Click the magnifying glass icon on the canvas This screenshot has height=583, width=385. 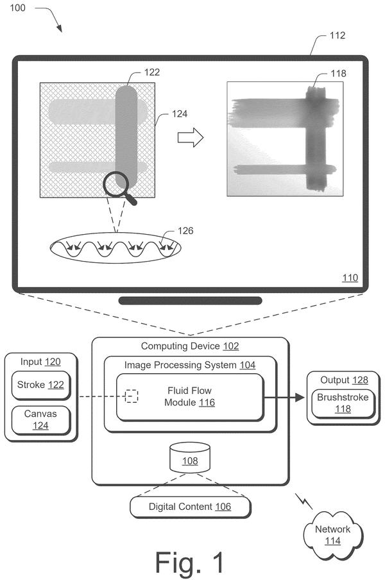116,184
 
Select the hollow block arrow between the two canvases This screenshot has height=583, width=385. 191,137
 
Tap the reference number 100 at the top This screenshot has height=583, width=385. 17,8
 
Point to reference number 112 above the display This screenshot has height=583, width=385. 338,35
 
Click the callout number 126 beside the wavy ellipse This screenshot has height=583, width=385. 185,231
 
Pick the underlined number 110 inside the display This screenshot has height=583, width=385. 350,278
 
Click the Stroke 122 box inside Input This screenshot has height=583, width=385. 41,385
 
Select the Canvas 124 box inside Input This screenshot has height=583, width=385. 41,420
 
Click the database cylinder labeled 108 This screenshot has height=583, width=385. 190,458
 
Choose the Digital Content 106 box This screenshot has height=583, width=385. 190,507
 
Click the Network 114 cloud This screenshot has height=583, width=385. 333,535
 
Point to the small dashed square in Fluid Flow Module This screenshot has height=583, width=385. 132,396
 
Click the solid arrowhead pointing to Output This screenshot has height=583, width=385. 300,397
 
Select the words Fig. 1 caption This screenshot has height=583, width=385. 190,562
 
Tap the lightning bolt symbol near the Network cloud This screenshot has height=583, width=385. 304,501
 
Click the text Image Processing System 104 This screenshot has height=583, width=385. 190,365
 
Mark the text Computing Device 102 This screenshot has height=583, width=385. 190,346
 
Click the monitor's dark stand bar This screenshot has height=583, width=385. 190,300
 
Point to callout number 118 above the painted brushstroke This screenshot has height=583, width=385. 339,74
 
